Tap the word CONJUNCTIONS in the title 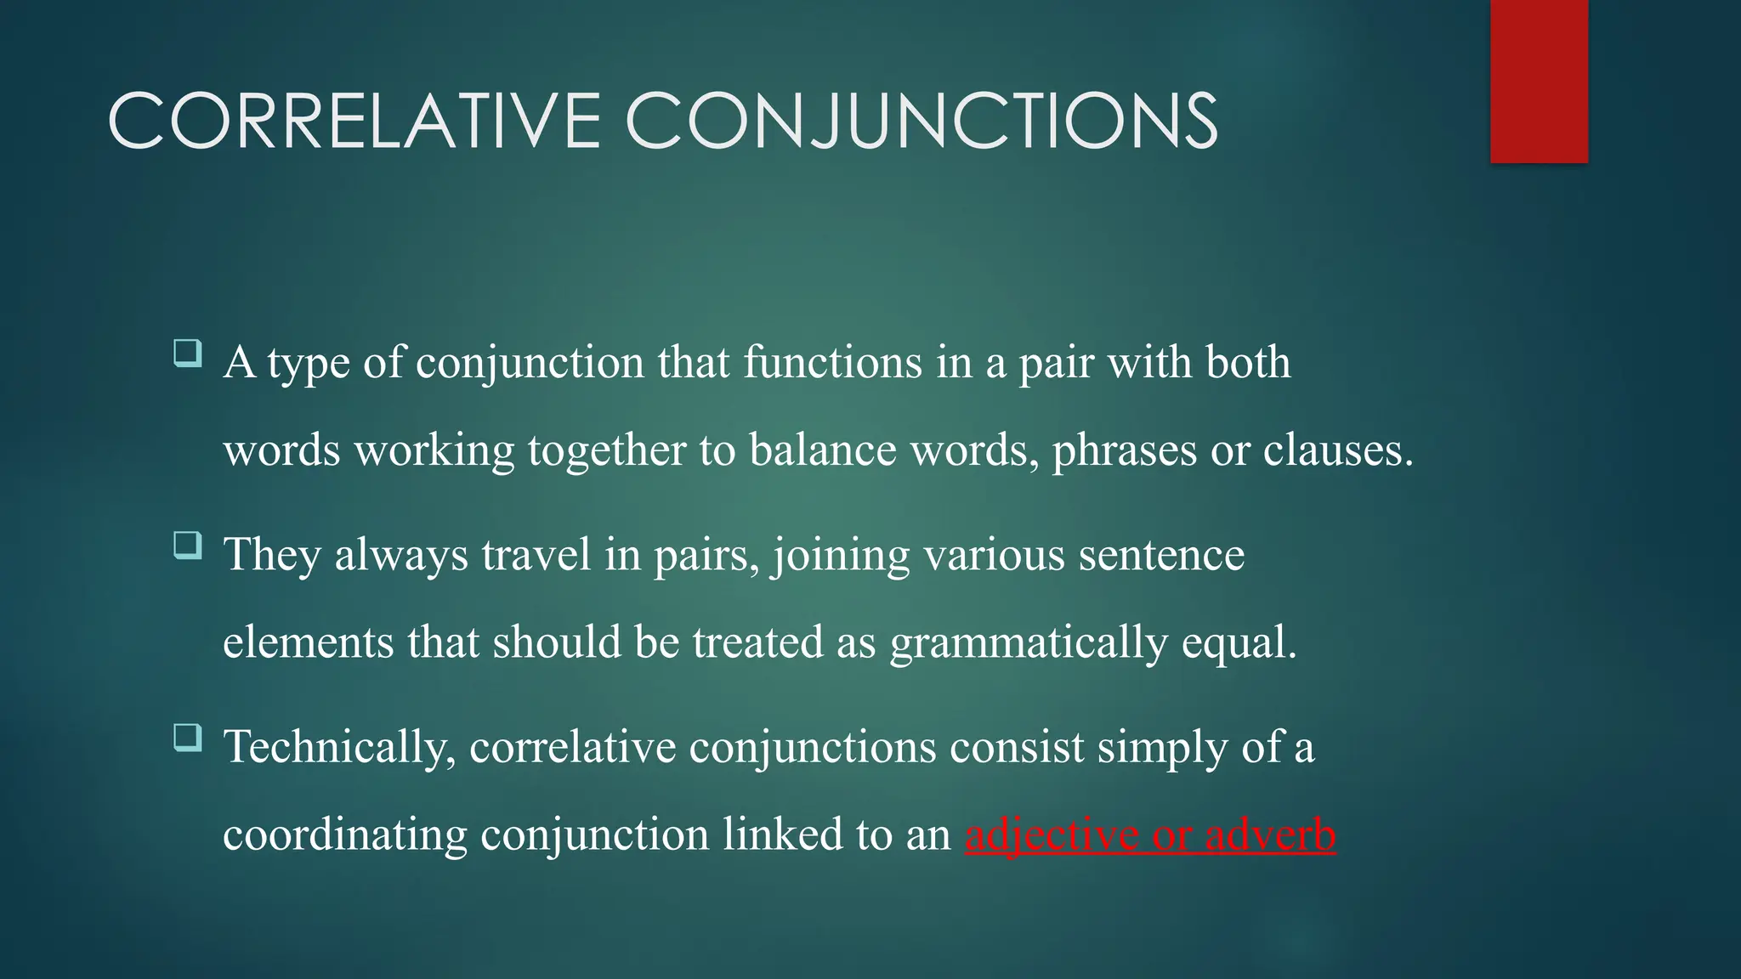(x=922, y=122)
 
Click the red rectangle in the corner (x=1539, y=82)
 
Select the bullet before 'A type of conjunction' (x=187, y=353)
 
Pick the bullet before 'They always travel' (x=187, y=545)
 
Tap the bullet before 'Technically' (x=187, y=737)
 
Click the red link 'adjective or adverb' (x=1150, y=835)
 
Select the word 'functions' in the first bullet (x=833, y=363)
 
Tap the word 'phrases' (x=1125, y=450)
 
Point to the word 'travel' (x=536, y=555)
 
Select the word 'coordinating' (x=345, y=835)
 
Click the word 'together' (x=606, y=450)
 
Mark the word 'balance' (x=823, y=450)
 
